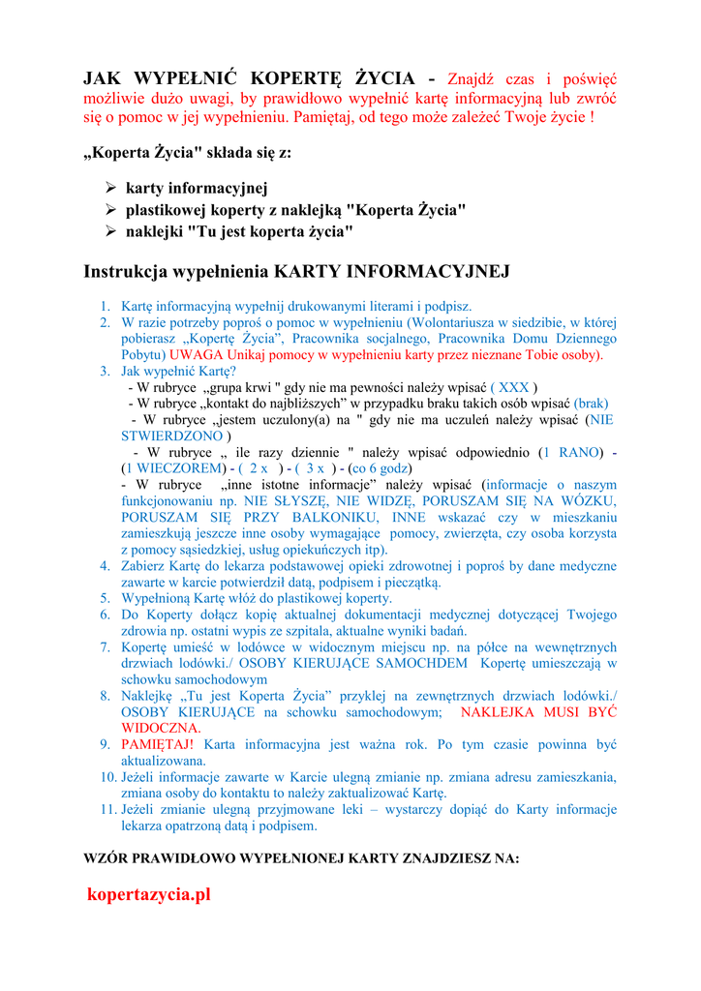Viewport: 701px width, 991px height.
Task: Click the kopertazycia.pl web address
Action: click(x=148, y=894)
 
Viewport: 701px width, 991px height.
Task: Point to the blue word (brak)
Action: click(x=591, y=404)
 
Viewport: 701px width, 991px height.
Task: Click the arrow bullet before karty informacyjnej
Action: click(x=110, y=188)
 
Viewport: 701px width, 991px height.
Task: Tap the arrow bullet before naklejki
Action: click(x=110, y=231)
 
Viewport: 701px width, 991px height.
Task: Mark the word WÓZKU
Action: click(x=587, y=501)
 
